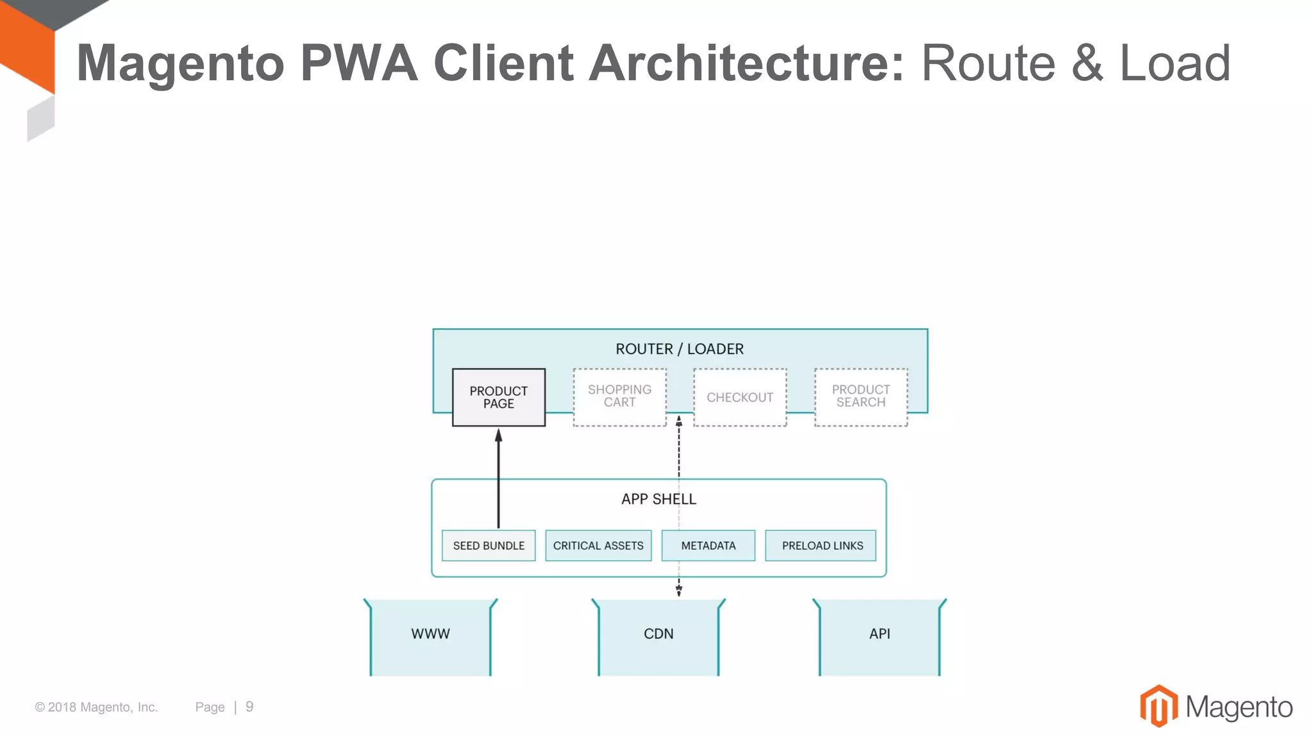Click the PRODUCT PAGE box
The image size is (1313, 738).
click(x=498, y=397)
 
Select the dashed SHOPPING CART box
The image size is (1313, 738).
click(x=619, y=397)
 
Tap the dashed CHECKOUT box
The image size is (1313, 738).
click(x=740, y=397)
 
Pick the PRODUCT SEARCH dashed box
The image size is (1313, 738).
click(x=860, y=397)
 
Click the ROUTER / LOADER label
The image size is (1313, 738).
click(x=680, y=349)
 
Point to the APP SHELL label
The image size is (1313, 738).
click(x=658, y=499)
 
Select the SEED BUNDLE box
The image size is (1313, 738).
click(x=489, y=546)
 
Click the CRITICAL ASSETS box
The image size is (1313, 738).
click(x=598, y=546)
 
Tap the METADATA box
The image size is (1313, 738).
click(x=708, y=546)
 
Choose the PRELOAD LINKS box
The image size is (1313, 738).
click(x=822, y=546)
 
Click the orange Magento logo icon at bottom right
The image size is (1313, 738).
click(x=1158, y=706)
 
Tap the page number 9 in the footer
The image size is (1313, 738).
click(x=249, y=707)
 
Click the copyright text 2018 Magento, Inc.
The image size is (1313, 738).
click(x=96, y=707)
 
